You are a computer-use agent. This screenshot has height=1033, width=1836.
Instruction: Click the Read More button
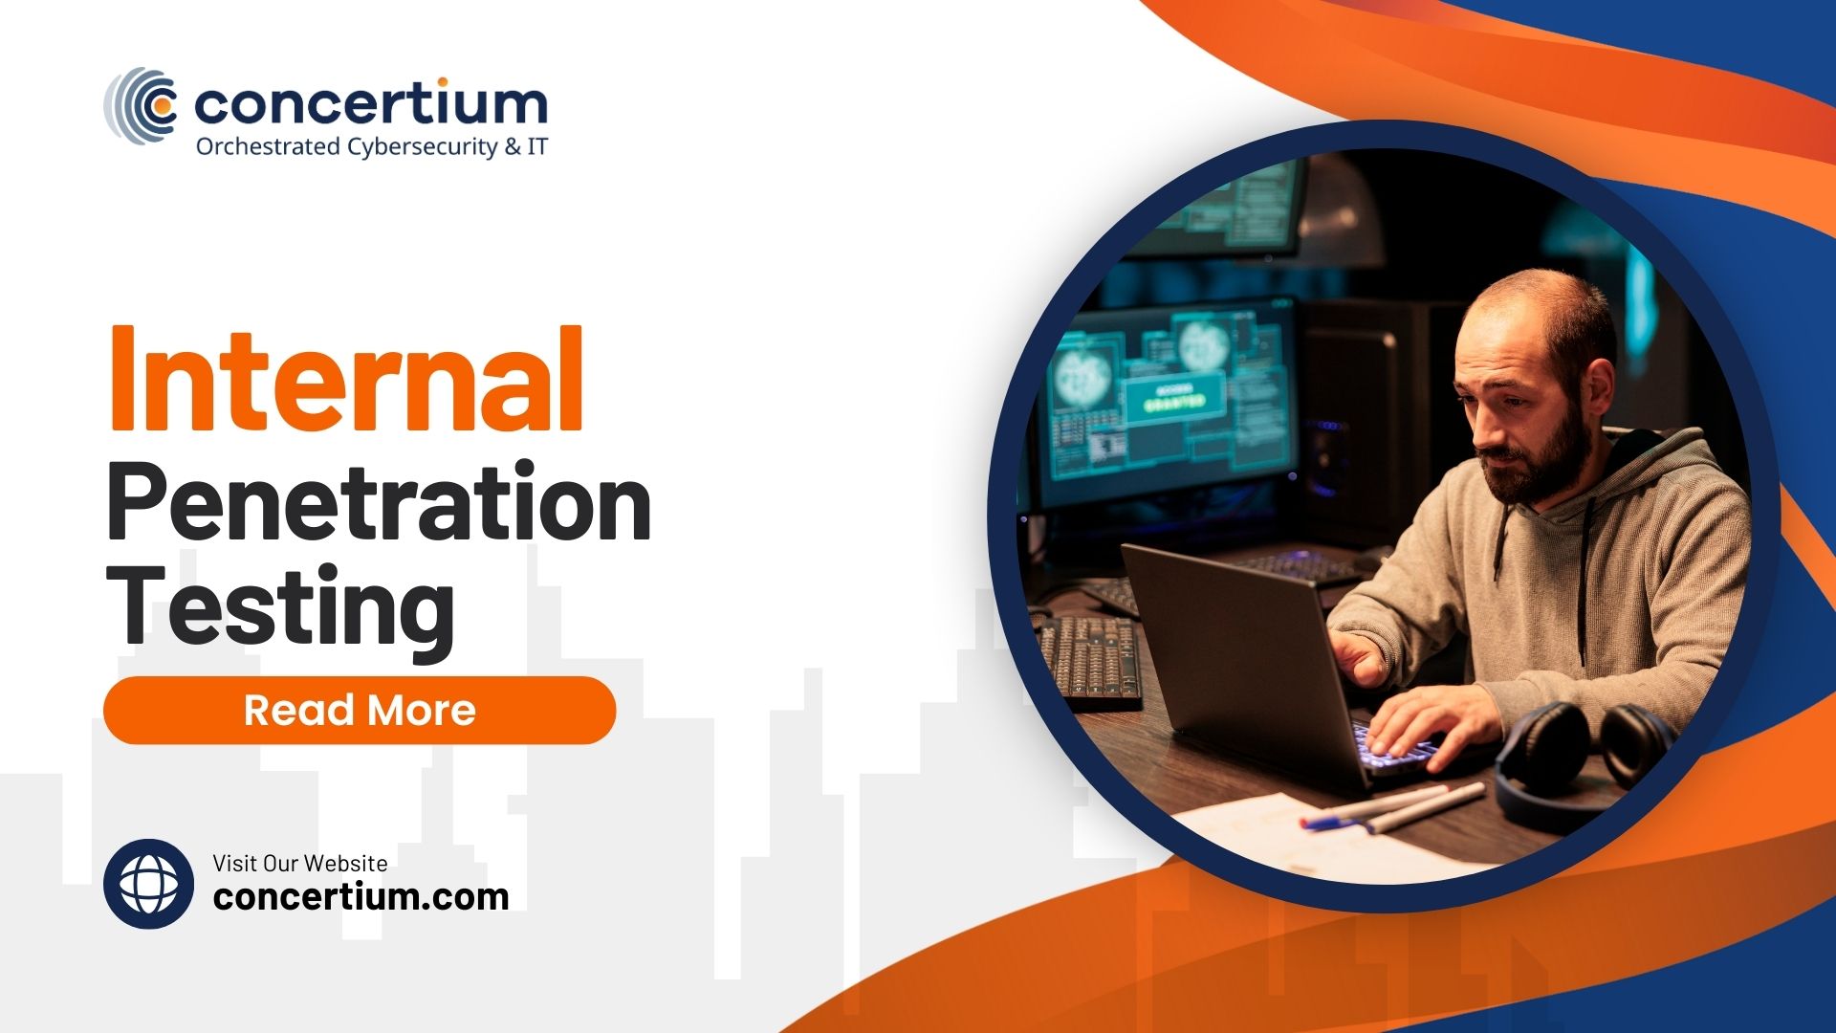click(x=360, y=711)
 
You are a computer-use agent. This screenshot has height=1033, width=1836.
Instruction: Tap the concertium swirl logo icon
click(x=142, y=105)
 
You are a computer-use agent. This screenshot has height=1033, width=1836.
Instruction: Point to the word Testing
click(x=280, y=606)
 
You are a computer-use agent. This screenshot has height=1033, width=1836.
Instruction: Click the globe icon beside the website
click(x=149, y=884)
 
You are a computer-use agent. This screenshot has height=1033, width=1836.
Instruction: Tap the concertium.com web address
click(x=361, y=897)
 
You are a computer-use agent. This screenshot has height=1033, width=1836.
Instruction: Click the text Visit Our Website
click(x=300, y=863)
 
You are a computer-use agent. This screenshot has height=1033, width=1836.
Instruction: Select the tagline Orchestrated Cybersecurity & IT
click(x=371, y=147)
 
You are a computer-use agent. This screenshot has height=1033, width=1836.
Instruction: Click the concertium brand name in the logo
click(x=371, y=103)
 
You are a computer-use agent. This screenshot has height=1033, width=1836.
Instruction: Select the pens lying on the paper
click(x=1396, y=808)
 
